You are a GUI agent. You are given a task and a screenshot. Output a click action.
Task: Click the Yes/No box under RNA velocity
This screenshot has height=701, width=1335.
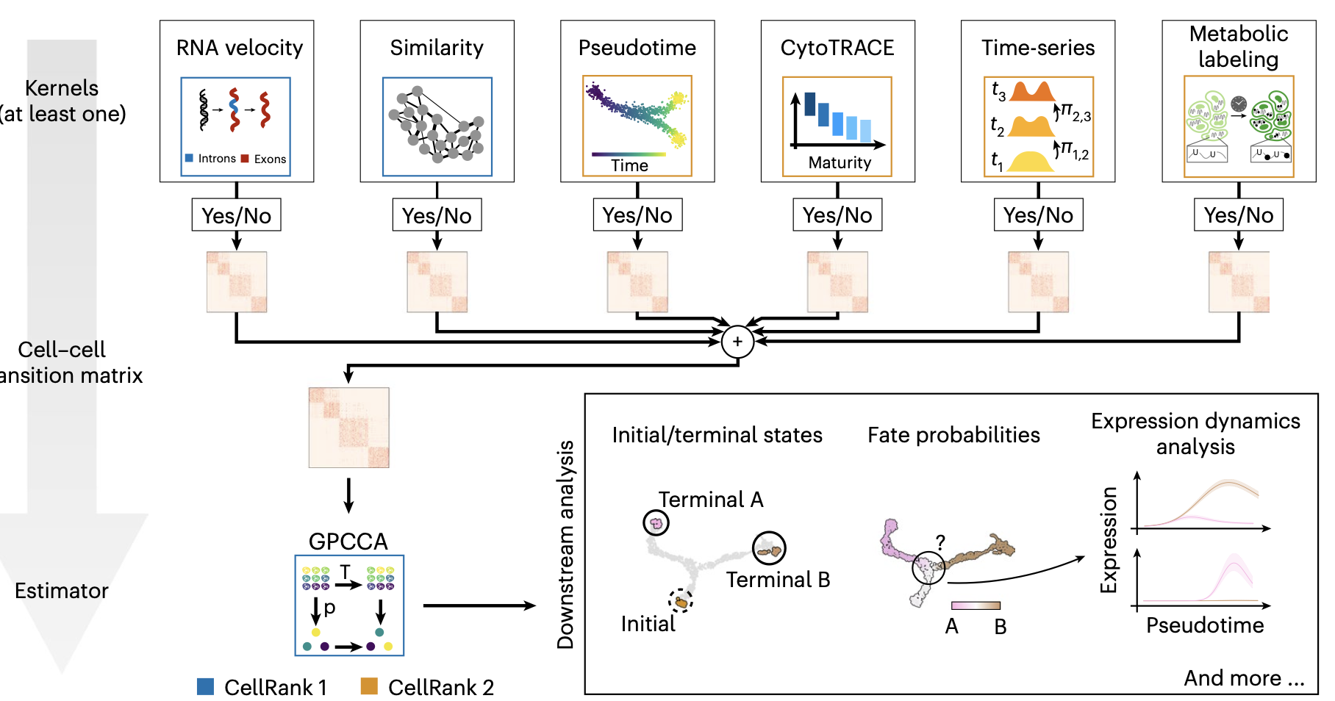click(236, 215)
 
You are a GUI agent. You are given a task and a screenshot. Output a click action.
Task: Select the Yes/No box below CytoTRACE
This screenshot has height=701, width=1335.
click(837, 215)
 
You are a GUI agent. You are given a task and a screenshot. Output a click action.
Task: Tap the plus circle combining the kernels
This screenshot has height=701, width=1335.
click(737, 342)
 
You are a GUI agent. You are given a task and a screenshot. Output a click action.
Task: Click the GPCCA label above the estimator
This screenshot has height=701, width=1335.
click(348, 542)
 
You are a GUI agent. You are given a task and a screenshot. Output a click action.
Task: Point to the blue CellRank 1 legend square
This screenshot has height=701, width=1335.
click(206, 687)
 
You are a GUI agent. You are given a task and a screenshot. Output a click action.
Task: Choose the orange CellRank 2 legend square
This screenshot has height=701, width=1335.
click(369, 687)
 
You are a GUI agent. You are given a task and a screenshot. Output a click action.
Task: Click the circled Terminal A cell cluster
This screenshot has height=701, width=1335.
click(656, 523)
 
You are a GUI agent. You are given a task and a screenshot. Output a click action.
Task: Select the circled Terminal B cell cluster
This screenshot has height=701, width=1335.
click(769, 549)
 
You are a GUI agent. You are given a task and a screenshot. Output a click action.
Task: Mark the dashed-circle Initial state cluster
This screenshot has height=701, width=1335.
click(681, 602)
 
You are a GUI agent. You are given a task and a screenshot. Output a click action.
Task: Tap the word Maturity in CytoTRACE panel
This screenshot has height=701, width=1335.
click(840, 162)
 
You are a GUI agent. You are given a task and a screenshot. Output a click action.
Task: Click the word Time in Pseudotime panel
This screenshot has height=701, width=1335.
click(629, 166)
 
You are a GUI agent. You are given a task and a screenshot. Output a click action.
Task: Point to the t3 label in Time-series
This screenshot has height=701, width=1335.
click(998, 91)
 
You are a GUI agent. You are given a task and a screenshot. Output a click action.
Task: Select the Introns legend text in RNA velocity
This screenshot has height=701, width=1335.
click(217, 159)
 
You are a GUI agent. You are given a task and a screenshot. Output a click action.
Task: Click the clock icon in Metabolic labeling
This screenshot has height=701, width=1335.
click(1239, 104)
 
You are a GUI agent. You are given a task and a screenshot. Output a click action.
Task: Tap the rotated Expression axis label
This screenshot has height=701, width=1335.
click(1109, 540)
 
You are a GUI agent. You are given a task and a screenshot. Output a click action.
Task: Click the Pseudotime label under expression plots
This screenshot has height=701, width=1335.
click(1205, 625)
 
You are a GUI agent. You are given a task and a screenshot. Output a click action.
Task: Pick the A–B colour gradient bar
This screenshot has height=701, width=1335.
click(976, 605)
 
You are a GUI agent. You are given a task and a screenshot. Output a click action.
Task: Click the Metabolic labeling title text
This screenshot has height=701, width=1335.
click(1239, 46)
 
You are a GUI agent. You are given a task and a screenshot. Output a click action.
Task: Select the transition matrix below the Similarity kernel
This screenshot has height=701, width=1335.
click(437, 282)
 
